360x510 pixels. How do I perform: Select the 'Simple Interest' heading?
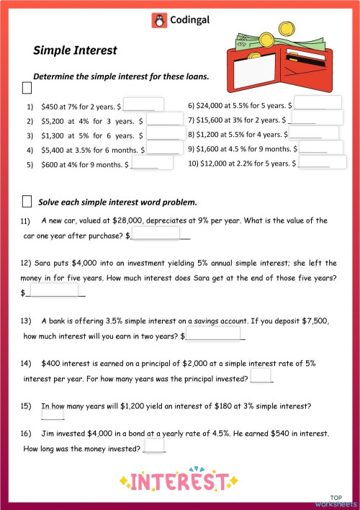coord(75,50)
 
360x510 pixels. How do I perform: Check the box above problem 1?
coord(27,89)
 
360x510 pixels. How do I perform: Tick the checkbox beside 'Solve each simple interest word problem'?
coord(27,201)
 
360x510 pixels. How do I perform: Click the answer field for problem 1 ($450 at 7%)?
coord(145,105)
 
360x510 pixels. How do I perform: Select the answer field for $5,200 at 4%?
coord(163,120)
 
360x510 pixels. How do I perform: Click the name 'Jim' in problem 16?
coord(48,434)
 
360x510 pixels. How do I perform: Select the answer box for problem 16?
coord(154,447)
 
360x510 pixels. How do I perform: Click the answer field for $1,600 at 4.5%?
coord(322,148)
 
